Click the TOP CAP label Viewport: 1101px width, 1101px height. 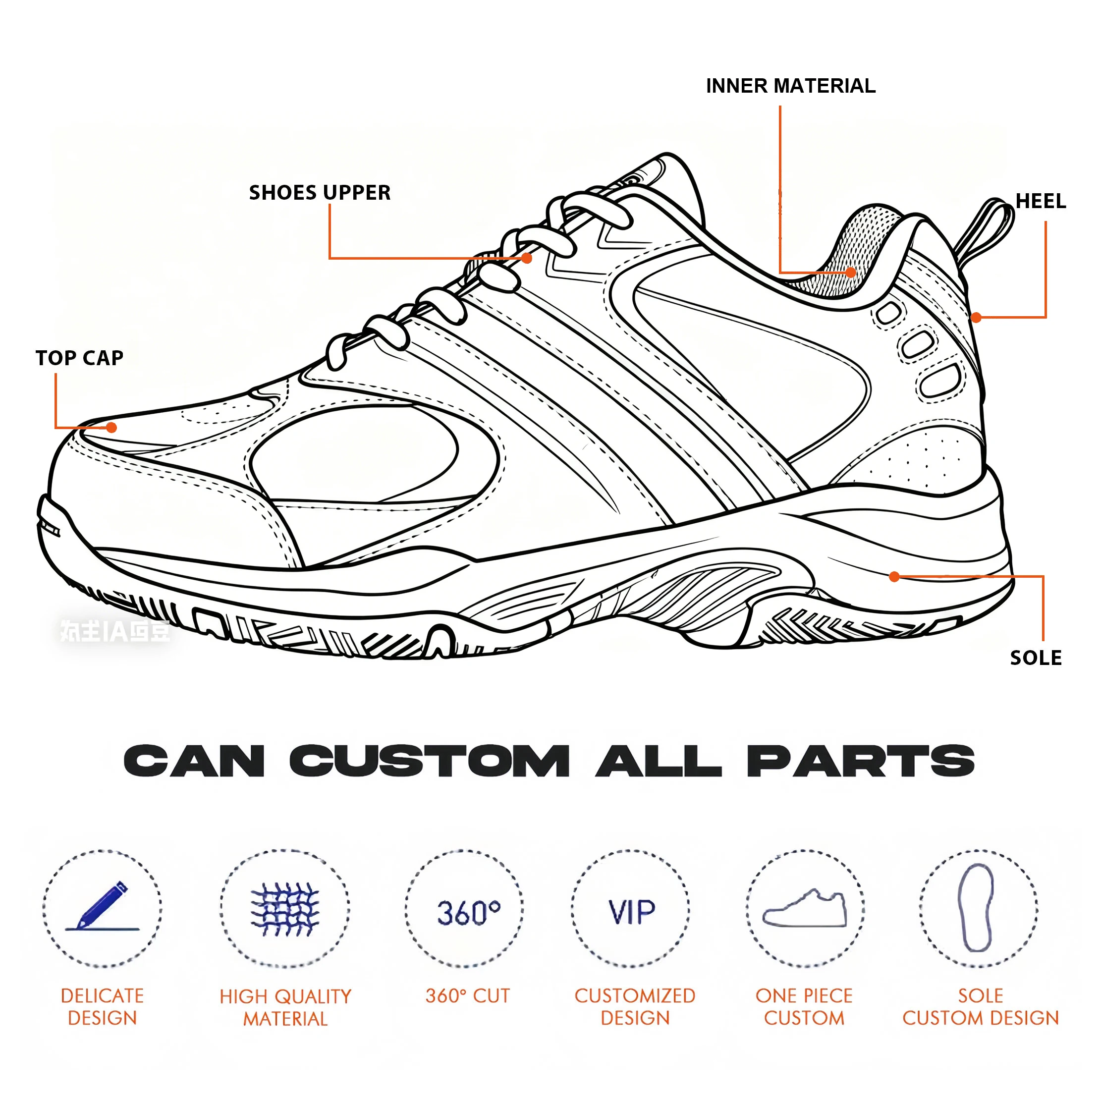tap(80, 358)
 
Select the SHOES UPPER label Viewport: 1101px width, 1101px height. tap(320, 193)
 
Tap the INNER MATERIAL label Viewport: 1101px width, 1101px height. tap(790, 86)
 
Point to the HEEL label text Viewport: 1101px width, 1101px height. tap(1041, 201)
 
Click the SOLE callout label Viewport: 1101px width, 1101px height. tap(1036, 658)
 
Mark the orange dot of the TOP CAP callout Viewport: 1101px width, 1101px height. tap(111, 428)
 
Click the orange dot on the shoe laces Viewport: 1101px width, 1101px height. tap(527, 258)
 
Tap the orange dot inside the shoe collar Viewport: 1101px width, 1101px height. tap(851, 273)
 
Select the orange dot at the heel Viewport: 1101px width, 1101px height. tap(976, 318)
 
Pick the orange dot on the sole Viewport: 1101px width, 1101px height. tap(895, 577)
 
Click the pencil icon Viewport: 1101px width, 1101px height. tap(103, 906)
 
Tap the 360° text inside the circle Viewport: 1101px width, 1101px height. tap(468, 912)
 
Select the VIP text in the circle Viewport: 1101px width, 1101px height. tap(631, 912)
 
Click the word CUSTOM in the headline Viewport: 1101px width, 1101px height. tap(429, 762)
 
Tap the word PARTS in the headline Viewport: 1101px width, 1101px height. tap(861, 762)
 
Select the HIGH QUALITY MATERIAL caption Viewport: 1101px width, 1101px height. tap(285, 1007)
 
